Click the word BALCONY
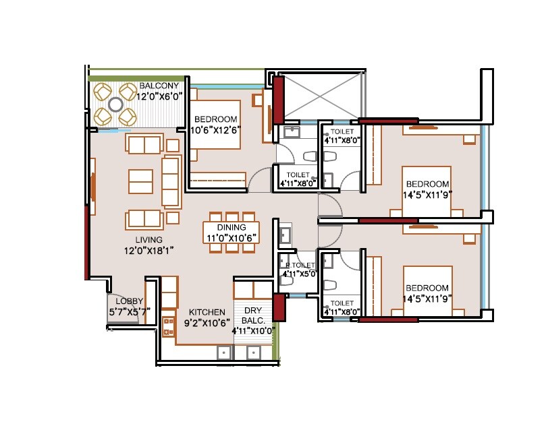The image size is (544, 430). tap(159, 86)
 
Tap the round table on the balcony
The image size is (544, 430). tap(115, 104)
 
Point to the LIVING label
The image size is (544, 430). tap(148, 240)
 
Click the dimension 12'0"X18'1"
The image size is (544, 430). tap(148, 251)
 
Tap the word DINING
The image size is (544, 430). tap(232, 228)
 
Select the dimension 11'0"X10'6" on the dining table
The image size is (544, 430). tap(232, 238)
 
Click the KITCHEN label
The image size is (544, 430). tap(207, 312)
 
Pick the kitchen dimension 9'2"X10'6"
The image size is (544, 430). tap(207, 323)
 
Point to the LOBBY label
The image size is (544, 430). tap(129, 301)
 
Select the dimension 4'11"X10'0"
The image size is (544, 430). tap(252, 331)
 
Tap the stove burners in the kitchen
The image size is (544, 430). tap(168, 326)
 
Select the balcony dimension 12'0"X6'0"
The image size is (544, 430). tap(161, 96)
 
